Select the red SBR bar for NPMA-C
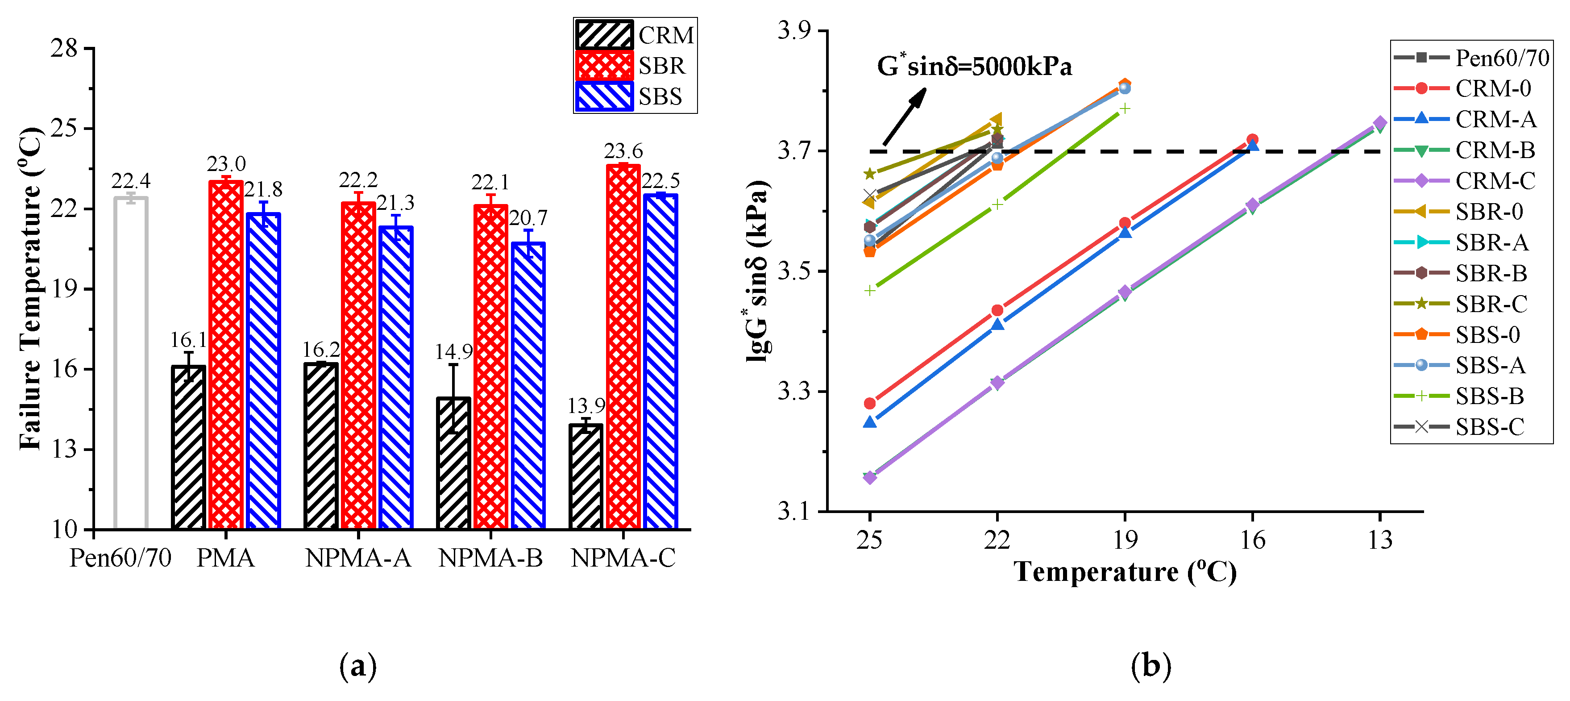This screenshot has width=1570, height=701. pyautogui.click(x=623, y=347)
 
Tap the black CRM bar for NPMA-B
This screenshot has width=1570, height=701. pyautogui.click(x=453, y=463)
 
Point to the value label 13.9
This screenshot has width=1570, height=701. pyautogui.click(x=586, y=406)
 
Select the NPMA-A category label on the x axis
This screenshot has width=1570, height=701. pyautogui.click(x=358, y=558)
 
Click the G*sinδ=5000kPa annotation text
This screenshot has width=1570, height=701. pyautogui.click(x=974, y=66)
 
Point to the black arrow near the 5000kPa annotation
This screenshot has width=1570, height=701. pyautogui.click(x=904, y=117)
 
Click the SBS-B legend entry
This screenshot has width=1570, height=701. pyautogui.click(x=1489, y=396)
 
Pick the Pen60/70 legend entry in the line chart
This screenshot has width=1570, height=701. pyautogui.click(x=1501, y=58)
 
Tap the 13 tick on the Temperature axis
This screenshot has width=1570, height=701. pyautogui.click(x=1380, y=539)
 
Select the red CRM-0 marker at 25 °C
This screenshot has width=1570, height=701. pyautogui.click(x=870, y=404)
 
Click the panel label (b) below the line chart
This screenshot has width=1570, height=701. pyautogui.click(x=1151, y=666)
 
